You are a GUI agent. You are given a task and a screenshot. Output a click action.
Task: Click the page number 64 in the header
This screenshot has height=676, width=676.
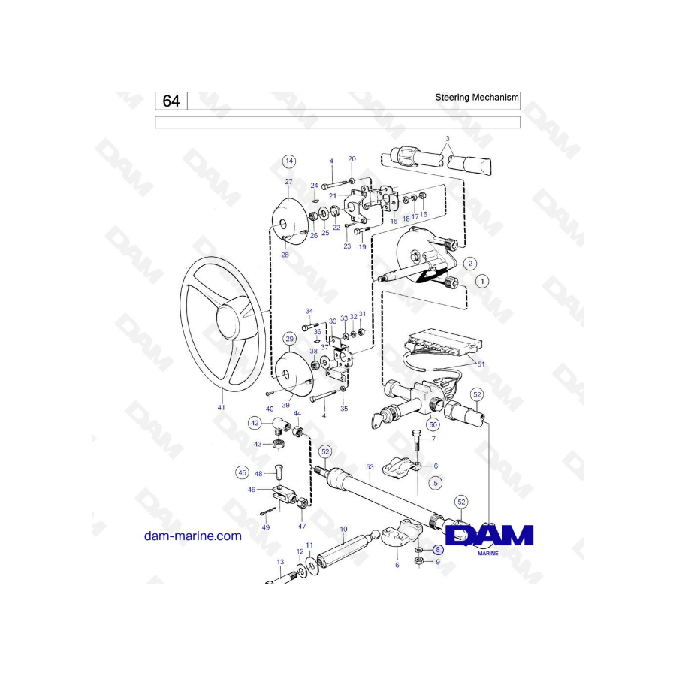[171, 101]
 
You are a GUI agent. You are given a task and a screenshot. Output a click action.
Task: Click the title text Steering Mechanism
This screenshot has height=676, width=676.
[476, 98]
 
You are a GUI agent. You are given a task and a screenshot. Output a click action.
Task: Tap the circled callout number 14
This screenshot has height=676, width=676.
[289, 161]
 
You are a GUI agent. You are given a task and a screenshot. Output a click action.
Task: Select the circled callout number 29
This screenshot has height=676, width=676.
[289, 339]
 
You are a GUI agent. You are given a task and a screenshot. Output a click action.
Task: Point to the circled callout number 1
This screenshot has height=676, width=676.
[482, 282]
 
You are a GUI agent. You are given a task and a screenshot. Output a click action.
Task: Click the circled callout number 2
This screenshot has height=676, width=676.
[470, 264]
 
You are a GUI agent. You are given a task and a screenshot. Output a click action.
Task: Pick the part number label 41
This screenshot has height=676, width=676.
[221, 407]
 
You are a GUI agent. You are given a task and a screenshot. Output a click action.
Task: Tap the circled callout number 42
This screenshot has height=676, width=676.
[255, 423]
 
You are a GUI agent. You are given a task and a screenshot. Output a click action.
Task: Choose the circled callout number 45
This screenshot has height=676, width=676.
[243, 472]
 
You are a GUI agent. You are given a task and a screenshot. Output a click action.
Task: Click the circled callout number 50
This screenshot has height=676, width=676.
[433, 424]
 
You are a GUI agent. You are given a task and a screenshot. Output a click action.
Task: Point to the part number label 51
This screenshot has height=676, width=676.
[481, 364]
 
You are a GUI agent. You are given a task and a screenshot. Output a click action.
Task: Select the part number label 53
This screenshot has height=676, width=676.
[370, 467]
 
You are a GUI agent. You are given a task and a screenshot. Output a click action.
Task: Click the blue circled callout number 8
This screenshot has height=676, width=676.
[438, 549]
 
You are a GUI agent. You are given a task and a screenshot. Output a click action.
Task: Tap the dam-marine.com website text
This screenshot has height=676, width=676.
[193, 536]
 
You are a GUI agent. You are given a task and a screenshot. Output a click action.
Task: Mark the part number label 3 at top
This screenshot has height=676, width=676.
[448, 139]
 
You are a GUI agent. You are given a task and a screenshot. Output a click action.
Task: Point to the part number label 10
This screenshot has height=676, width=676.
[343, 529]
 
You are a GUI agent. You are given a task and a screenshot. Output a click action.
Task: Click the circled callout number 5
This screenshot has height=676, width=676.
[436, 483]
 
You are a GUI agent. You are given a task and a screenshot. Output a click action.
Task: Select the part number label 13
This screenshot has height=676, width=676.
[280, 562]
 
